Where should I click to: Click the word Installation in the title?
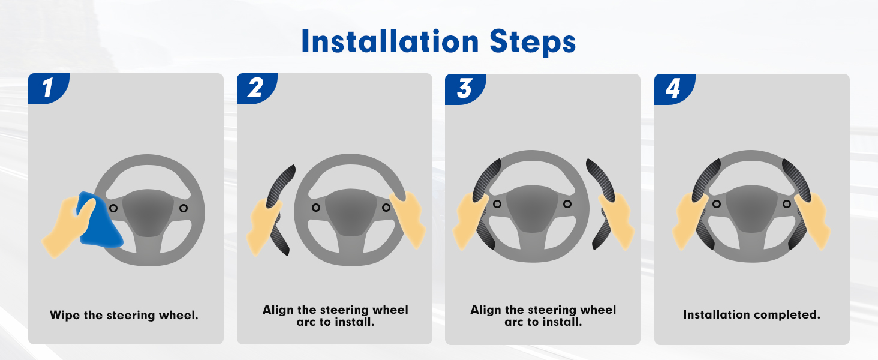(390, 41)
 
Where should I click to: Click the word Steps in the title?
(533, 43)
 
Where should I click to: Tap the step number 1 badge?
(49, 88)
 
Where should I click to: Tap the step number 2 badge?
(257, 88)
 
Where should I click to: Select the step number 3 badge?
(465, 89)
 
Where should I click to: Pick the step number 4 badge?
(674, 89)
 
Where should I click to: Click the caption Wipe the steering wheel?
(124, 315)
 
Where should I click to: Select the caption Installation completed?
(751, 314)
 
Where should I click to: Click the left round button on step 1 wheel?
(113, 208)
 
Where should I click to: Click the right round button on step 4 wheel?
(787, 204)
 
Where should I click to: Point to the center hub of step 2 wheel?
(351, 212)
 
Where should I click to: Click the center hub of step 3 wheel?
(531, 208)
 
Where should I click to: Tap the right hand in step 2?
(408, 220)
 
